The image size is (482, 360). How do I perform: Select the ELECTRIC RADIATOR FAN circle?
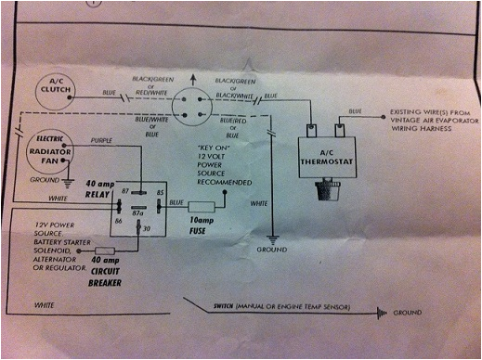[x=43, y=148]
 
